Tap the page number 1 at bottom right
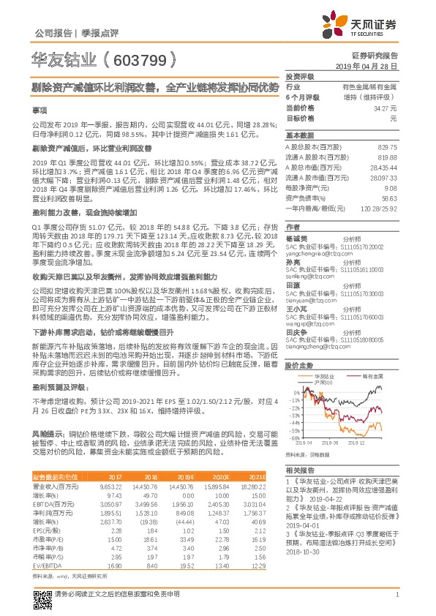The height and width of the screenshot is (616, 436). click(x=396, y=594)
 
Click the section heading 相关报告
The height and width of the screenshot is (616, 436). click(x=299, y=470)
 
